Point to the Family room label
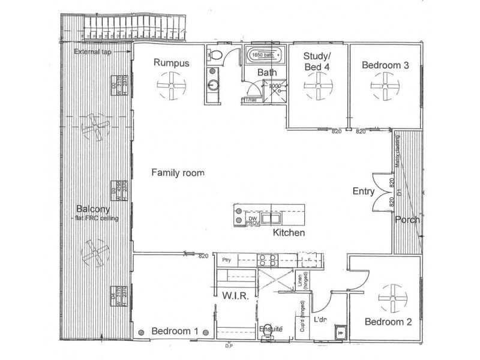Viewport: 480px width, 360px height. (x=178, y=173)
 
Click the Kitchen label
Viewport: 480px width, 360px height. (x=289, y=233)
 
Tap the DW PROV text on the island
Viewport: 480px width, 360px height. (x=253, y=220)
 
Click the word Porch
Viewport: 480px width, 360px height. (x=407, y=220)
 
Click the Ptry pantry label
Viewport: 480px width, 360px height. (x=226, y=260)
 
